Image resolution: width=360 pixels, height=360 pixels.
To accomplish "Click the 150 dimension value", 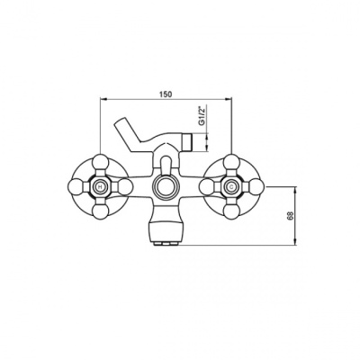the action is (166, 94).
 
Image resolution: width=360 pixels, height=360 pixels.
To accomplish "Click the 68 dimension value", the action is (291, 215).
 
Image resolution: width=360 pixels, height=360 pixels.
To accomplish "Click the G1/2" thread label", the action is (202, 116).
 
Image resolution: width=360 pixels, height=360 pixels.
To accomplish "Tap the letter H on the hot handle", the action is (100, 187).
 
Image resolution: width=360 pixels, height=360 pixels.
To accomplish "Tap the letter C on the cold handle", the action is (231, 187).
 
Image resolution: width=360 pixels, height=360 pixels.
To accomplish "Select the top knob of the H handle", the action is (100, 162).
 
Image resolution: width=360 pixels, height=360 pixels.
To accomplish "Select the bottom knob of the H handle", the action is (100, 212).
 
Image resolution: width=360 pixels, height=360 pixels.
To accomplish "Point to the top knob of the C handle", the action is (231, 162).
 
